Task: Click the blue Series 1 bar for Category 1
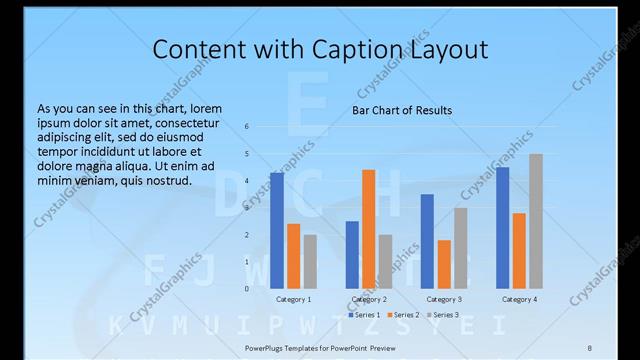(x=277, y=230)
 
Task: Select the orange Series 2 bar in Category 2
(x=369, y=229)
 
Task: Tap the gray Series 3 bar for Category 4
(x=536, y=221)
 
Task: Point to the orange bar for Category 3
(x=444, y=264)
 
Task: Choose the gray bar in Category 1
(x=310, y=261)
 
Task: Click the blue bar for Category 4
(x=503, y=227)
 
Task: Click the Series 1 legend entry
(x=365, y=315)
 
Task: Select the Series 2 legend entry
(x=404, y=315)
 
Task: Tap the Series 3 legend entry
(x=443, y=315)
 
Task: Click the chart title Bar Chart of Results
(x=402, y=110)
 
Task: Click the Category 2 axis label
(x=369, y=299)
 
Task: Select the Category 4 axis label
(x=519, y=299)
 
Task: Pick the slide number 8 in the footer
(x=589, y=347)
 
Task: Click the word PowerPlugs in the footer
(x=269, y=347)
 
